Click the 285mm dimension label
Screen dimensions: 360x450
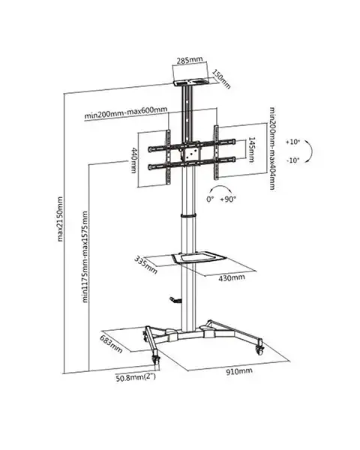tap(190, 60)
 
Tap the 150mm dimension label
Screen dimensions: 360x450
tap(221, 79)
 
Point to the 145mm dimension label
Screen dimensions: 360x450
tap(251, 149)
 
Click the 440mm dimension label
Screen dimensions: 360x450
tap(133, 160)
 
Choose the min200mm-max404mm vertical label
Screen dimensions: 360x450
tap(272, 148)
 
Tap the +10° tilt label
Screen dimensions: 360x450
tap(292, 142)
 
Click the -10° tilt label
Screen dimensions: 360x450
tap(292, 160)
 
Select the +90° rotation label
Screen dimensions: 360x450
tap(228, 199)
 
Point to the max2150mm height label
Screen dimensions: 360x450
tap(60, 219)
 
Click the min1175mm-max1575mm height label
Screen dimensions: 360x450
tap(85, 256)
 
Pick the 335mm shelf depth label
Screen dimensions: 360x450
tap(145, 265)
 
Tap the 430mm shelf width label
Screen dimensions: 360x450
tap(232, 277)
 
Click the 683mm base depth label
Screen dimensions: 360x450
tap(111, 343)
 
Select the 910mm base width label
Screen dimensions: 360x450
tap(239, 371)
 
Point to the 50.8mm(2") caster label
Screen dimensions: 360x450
tap(136, 377)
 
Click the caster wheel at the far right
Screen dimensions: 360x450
tap(259, 349)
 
